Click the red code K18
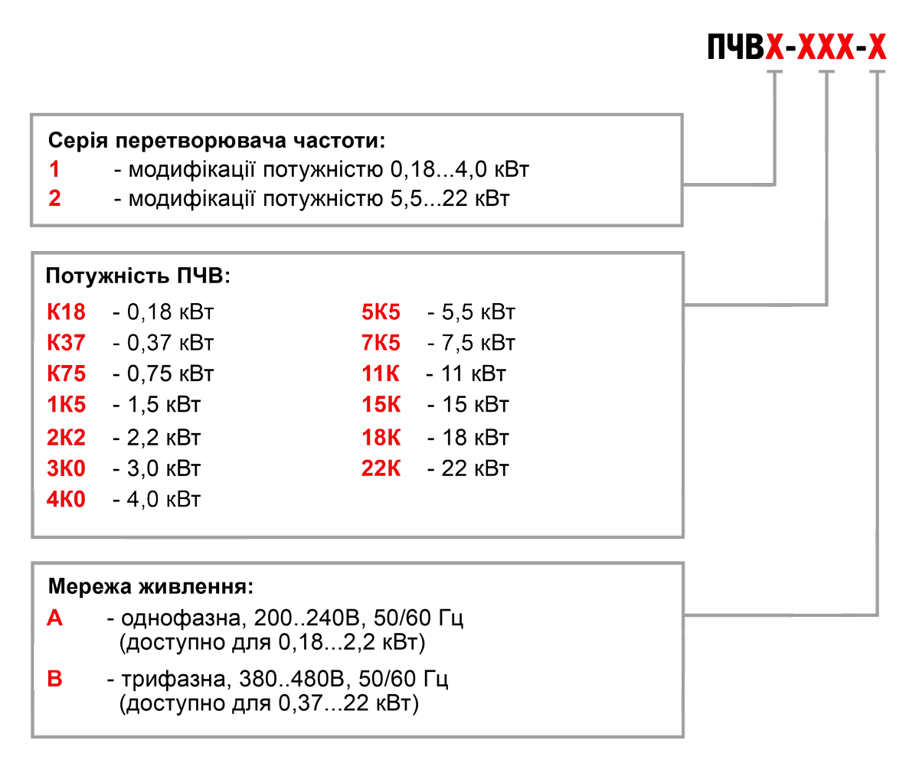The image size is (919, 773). [67, 311]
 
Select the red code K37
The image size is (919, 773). [67, 342]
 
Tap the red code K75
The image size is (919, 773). [67, 373]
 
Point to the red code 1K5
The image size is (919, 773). [67, 405]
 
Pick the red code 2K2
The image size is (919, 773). [67, 437]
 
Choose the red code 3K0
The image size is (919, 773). [67, 468]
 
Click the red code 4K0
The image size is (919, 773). [67, 499]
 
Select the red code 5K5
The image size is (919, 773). [381, 311]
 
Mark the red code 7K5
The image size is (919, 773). [381, 342]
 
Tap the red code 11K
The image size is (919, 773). [381, 373]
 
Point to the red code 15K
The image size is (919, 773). [381, 405]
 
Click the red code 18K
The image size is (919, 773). [381, 437]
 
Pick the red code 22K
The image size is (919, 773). [381, 468]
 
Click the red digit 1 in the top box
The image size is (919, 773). [54, 168]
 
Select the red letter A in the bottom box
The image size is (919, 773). [55, 618]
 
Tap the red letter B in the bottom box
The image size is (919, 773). [55, 678]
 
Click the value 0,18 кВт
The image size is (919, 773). [170, 311]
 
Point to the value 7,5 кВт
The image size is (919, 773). [479, 342]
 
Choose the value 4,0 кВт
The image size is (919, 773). [164, 499]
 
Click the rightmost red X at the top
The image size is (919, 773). [877, 47]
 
